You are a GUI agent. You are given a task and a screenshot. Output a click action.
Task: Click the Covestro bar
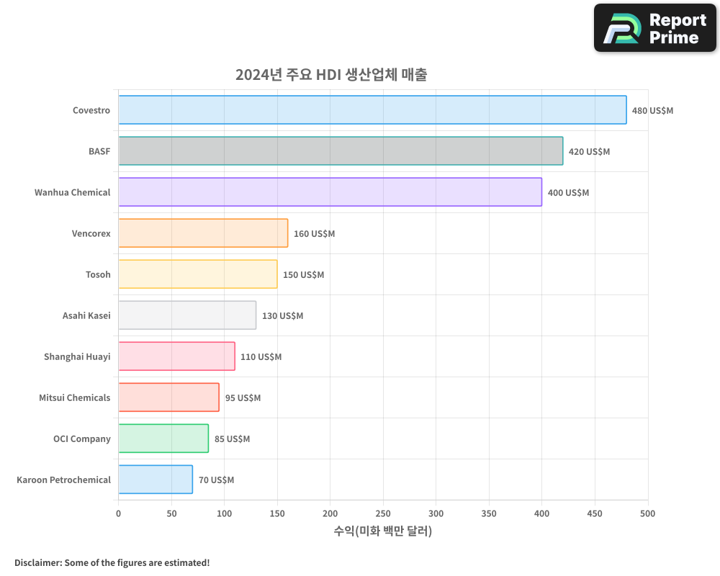(x=372, y=110)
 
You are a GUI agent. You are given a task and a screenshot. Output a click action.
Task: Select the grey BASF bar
(x=341, y=151)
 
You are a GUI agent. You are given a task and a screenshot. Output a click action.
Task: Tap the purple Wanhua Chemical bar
(x=330, y=192)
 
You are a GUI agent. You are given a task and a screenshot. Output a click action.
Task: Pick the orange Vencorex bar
(x=203, y=233)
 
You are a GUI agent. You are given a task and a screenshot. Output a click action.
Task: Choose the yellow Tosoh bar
(x=198, y=274)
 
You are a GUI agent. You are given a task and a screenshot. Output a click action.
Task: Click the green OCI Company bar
(x=163, y=438)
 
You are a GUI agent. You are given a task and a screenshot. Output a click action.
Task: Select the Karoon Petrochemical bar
(x=156, y=480)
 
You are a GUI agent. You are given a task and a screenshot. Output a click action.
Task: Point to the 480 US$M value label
(x=652, y=111)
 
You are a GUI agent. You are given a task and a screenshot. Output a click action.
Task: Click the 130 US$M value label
(x=282, y=316)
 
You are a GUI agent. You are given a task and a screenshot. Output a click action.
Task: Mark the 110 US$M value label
(x=261, y=357)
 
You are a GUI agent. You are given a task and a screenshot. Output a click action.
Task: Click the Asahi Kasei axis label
(x=86, y=315)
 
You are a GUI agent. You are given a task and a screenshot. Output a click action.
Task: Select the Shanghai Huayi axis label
(x=77, y=356)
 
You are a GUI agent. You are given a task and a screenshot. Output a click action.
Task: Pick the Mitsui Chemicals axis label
(x=75, y=397)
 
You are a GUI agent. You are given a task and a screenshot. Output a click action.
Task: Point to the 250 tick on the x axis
(x=383, y=513)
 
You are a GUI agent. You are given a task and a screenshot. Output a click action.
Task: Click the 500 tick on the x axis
(x=647, y=513)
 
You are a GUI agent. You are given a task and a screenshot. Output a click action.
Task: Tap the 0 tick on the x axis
(x=119, y=513)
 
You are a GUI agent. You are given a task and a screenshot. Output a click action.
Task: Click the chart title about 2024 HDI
(x=331, y=75)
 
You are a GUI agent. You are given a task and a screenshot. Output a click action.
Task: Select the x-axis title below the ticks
(x=383, y=531)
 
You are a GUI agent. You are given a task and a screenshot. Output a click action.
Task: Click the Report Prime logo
(x=655, y=28)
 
